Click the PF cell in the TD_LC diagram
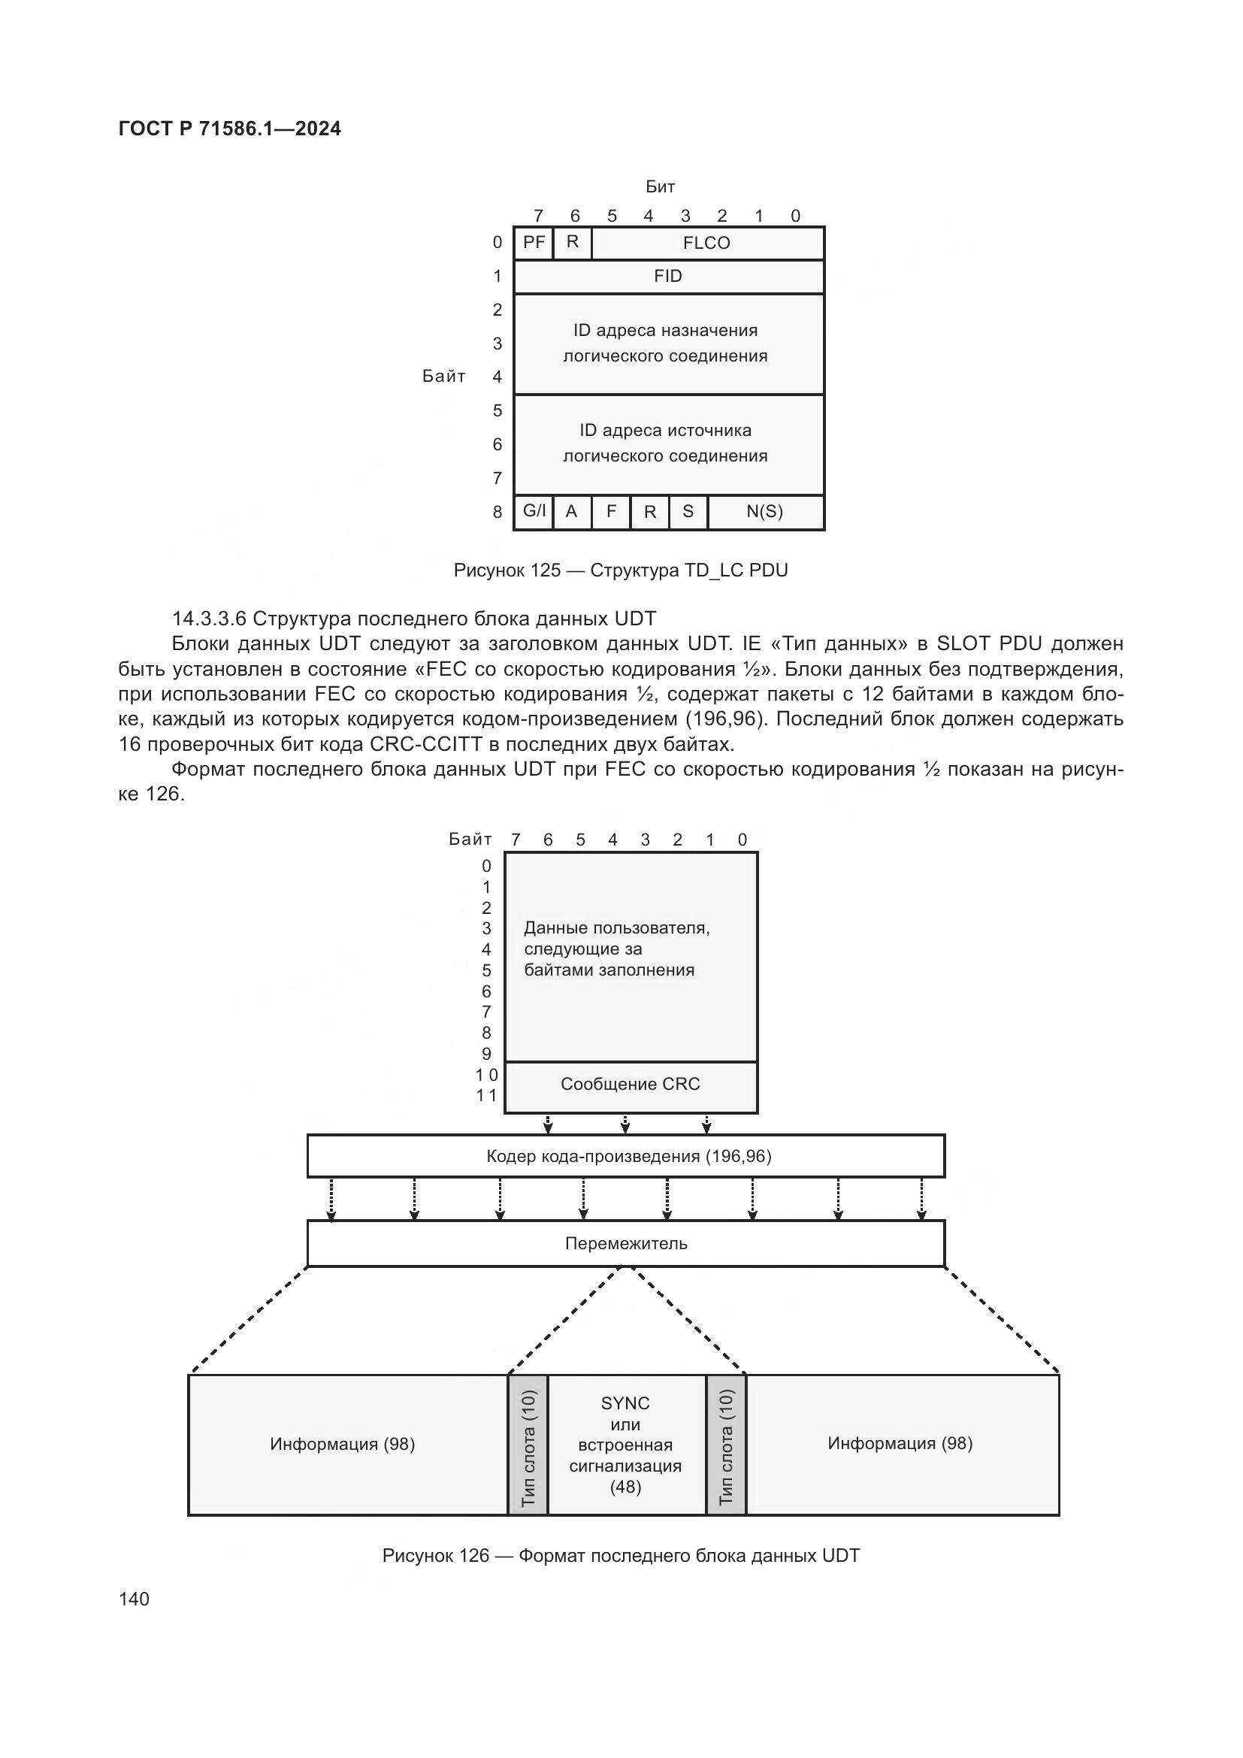pyautogui.click(x=534, y=243)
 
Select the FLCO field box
pyautogui.click(x=706, y=244)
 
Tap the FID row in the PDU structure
pyautogui.click(x=668, y=277)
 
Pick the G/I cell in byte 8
pyautogui.click(x=534, y=512)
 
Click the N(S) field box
pyautogui.click(x=764, y=512)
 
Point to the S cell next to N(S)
pyautogui.click(x=688, y=512)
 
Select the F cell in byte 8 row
pyautogui.click(x=611, y=512)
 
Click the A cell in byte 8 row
pyautogui.click(x=571, y=512)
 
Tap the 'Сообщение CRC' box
pyautogui.click(x=630, y=1085)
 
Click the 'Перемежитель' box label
pyautogui.click(x=626, y=1243)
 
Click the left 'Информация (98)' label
pyautogui.click(x=342, y=1444)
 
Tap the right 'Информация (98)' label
pyautogui.click(x=900, y=1443)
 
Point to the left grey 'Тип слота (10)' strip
pyautogui.click(x=528, y=1445)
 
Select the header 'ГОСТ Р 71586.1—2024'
pyautogui.click(x=230, y=129)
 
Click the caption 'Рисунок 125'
pyautogui.click(x=506, y=570)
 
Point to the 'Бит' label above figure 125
pyautogui.click(x=660, y=187)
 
